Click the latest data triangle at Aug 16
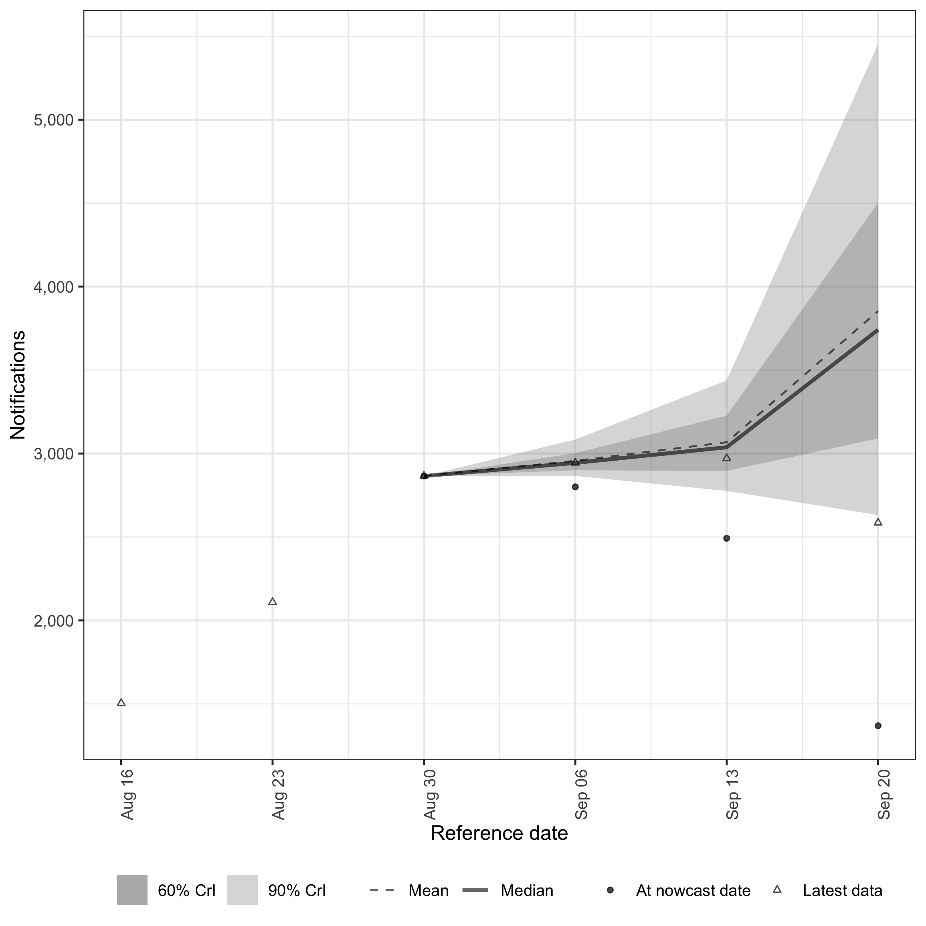(121, 703)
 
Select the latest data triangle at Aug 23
(273, 602)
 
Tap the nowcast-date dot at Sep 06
(575, 487)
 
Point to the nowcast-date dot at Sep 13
(727, 538)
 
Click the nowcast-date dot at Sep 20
(878, 726)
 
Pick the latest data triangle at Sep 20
(878, 522)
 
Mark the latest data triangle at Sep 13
(727, 458)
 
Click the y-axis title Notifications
(18, 385)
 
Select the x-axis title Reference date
(499, 847)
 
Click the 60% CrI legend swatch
(132, 890)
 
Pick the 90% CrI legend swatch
(242, 890)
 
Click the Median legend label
(527, 891)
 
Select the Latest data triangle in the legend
(777, 890)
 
